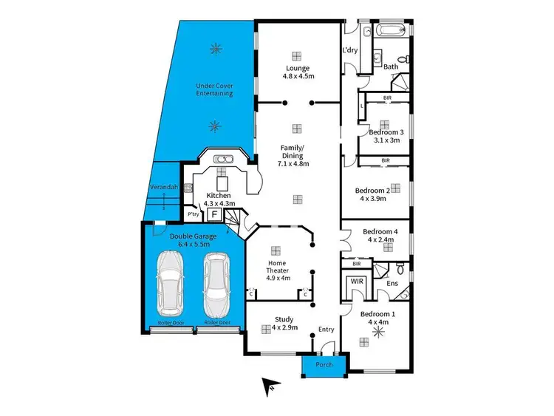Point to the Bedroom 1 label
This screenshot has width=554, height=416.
click(x=377, y=318)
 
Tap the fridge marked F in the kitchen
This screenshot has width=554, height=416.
click(x=214, y=214)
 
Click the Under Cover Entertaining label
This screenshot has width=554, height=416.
click(x=215, y=89)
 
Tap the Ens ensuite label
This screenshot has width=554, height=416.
click(x=391, y=283)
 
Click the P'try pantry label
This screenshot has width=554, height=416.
click(x=194, y=214)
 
